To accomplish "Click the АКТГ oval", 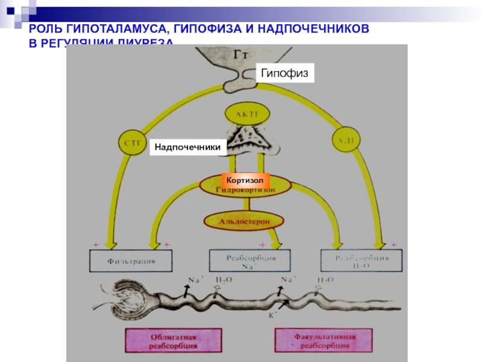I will point(247,113).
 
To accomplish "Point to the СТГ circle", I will point(131,142).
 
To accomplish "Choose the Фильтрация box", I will point(131,261).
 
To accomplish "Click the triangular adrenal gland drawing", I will point(248,139).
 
